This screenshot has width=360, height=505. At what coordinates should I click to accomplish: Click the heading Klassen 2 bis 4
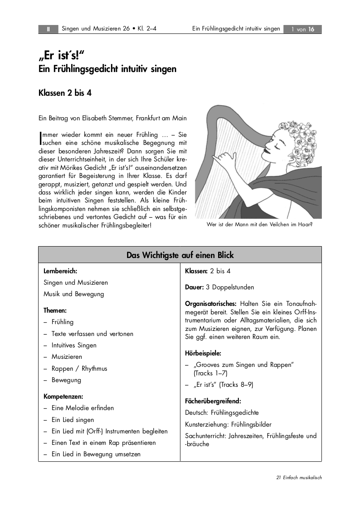[65, 93]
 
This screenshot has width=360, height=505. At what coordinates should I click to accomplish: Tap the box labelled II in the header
[48, 29]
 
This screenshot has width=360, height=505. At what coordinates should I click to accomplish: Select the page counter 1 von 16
[302, 29]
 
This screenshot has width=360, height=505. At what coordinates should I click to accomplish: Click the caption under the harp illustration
[259, 225]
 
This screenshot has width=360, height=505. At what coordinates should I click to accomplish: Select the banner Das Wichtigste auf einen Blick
[180, 255]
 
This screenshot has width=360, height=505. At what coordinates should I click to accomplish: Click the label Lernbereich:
[60, 271]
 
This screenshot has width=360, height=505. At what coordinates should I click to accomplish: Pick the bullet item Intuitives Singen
[74, 345]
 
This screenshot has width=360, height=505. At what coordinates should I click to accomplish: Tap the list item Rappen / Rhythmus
[79, 369]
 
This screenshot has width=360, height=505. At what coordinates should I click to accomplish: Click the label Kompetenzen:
[64, 397]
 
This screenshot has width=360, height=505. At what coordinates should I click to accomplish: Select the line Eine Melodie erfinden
[83, 408]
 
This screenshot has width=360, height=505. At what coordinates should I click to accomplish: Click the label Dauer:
[194, 287]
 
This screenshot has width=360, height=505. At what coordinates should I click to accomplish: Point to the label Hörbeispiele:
[203, 353]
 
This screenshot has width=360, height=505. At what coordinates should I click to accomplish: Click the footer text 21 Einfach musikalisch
[299, 477]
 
